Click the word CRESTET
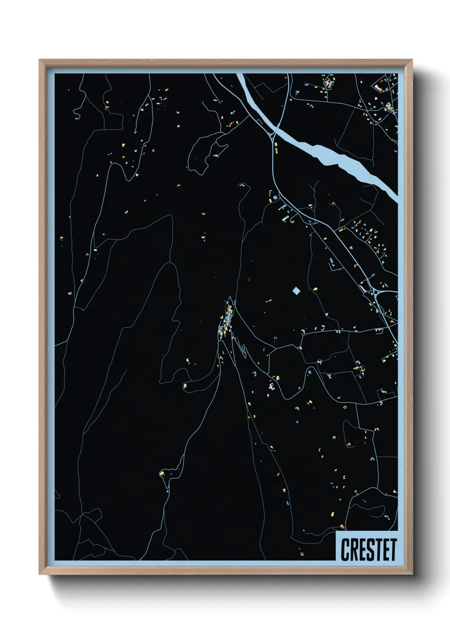click(x=368, y=550)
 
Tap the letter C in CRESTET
click(x=345, y=550)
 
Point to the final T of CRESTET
click(x=393, y=550)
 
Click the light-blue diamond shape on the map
click(x=296, y=291)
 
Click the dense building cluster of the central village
click(x=227, y=319)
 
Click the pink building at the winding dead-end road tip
click(x=242, y=185)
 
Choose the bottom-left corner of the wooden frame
click(x=40, y=573)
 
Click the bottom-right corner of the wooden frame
click(x=411, y=573)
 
